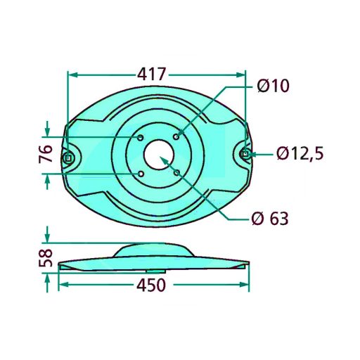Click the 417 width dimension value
pyautogui.click(x=152, y=75)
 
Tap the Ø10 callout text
pyautogui.click(x=273, y=86)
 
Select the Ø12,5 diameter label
pyautogui.click(x=300, y=153)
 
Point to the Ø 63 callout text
pyautogui.click(x=270, y=219)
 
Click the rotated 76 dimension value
pyautogui.click(x=46, y=153)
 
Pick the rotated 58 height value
pyautogui.click(x=46, y=258)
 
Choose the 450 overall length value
pyautogui.click(x=151, y=285)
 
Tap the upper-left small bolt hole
pyautogui.click(x=141, y=138)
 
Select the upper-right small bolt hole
pyautogui.click(x=176, y=136)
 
